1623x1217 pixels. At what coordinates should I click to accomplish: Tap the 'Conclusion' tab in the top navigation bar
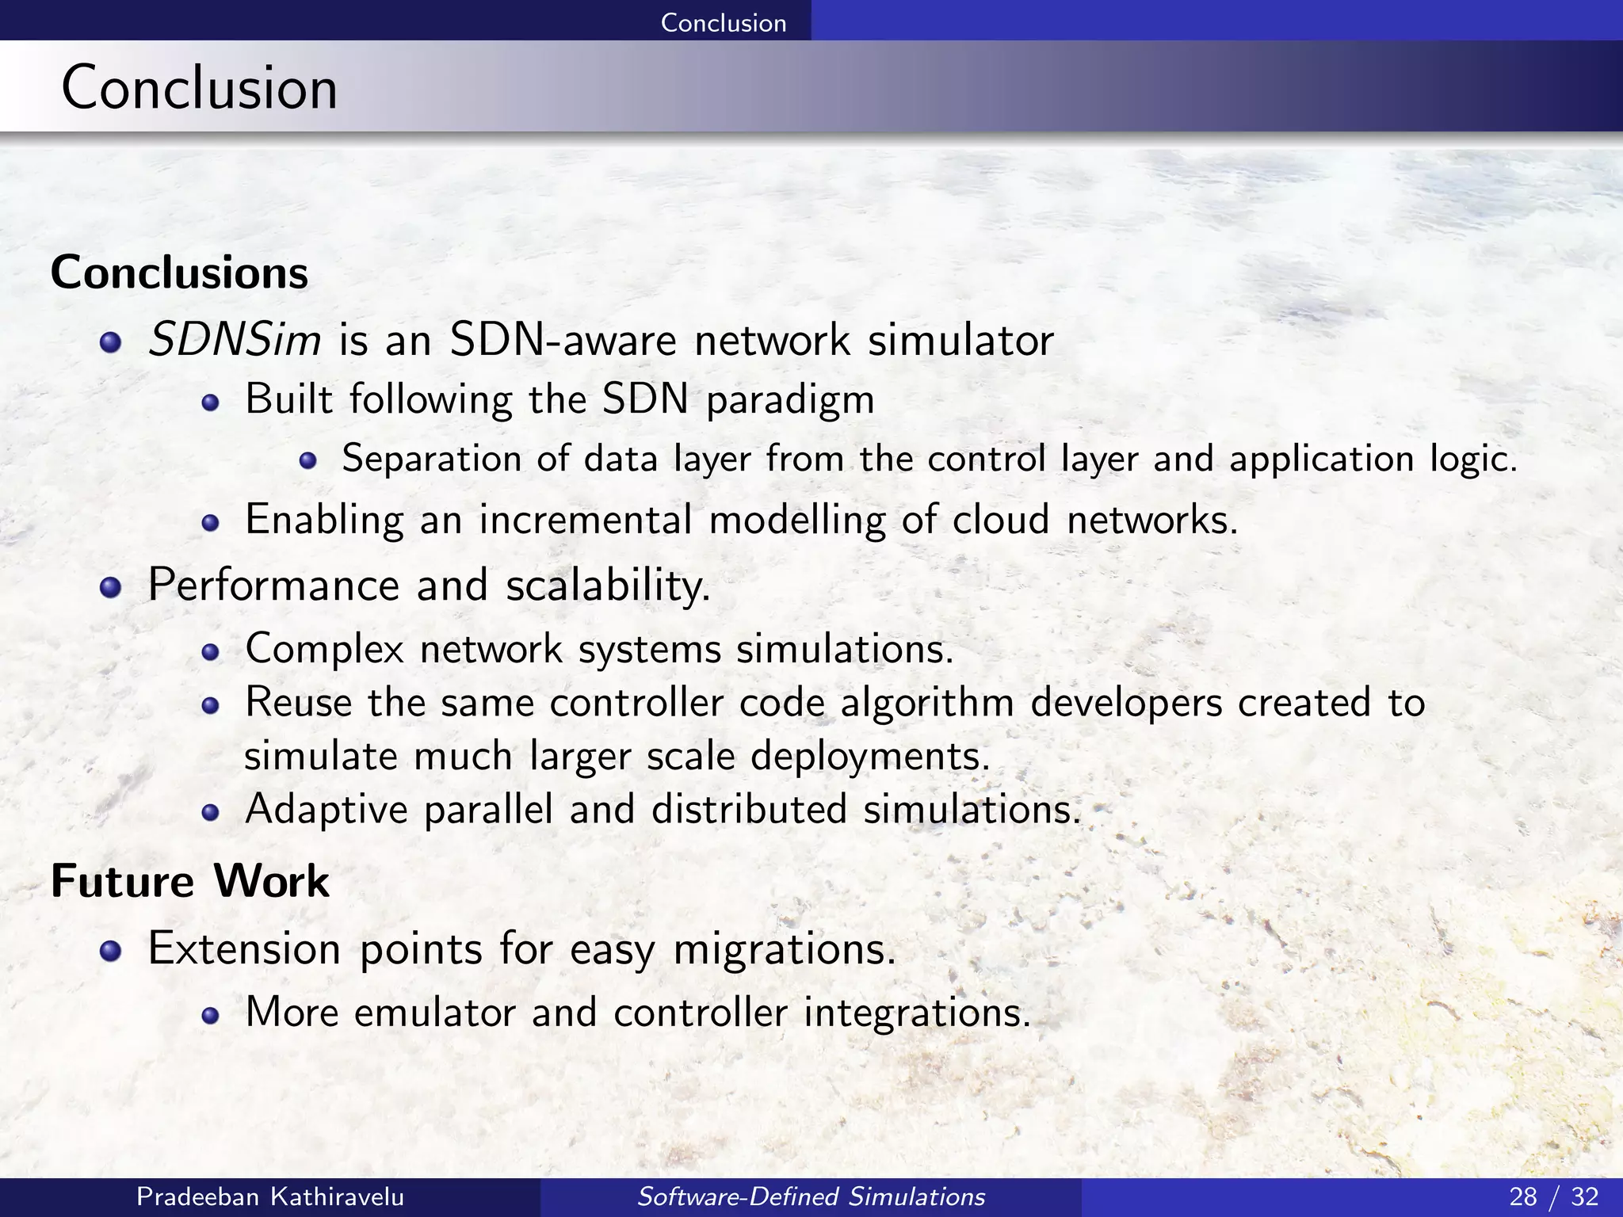[x=723, y=22]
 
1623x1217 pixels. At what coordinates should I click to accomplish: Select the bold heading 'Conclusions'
[x=179, y=273]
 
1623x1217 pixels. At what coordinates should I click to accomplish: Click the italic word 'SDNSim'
[x=235, y=341]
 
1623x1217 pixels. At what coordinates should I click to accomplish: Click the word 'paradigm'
[x=790, y=400]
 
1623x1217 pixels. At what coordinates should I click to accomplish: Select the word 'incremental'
[x=586, y=521]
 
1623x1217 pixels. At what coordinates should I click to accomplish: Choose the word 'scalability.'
[x=608, y=587]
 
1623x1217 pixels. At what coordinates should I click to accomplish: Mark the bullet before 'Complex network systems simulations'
[x=209, y=651]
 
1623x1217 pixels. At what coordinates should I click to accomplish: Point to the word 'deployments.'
[x=870, y=757]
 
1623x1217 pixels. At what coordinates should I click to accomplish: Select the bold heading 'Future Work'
[x=190, y=881]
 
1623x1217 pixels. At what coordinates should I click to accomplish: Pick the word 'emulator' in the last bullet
[x=435, y=1013]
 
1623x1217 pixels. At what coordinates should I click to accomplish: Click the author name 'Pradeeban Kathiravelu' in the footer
[x=270, y=1196]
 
